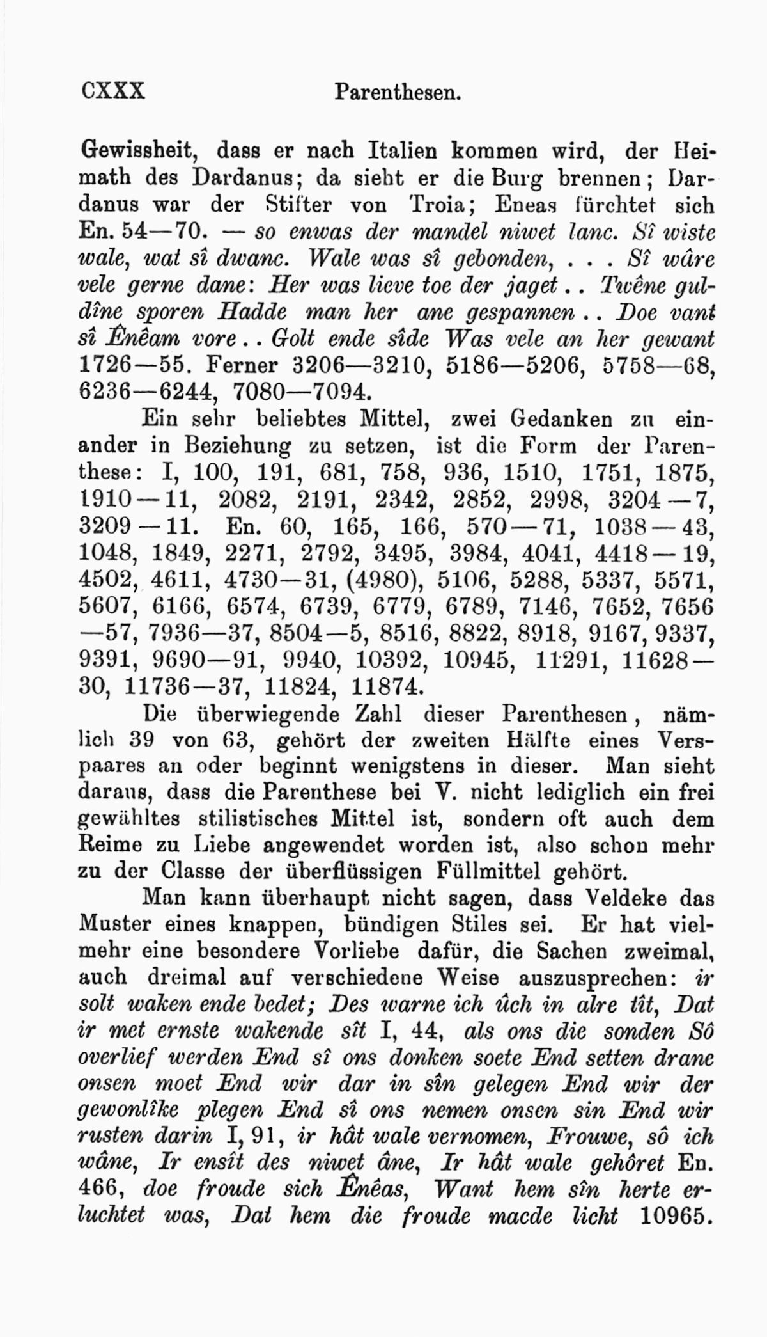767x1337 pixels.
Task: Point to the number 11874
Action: pos(388,686)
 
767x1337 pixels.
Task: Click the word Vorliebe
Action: pos(357,951)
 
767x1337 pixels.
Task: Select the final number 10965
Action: pos(676,1215)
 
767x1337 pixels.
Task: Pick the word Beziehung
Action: pos(236,446)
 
